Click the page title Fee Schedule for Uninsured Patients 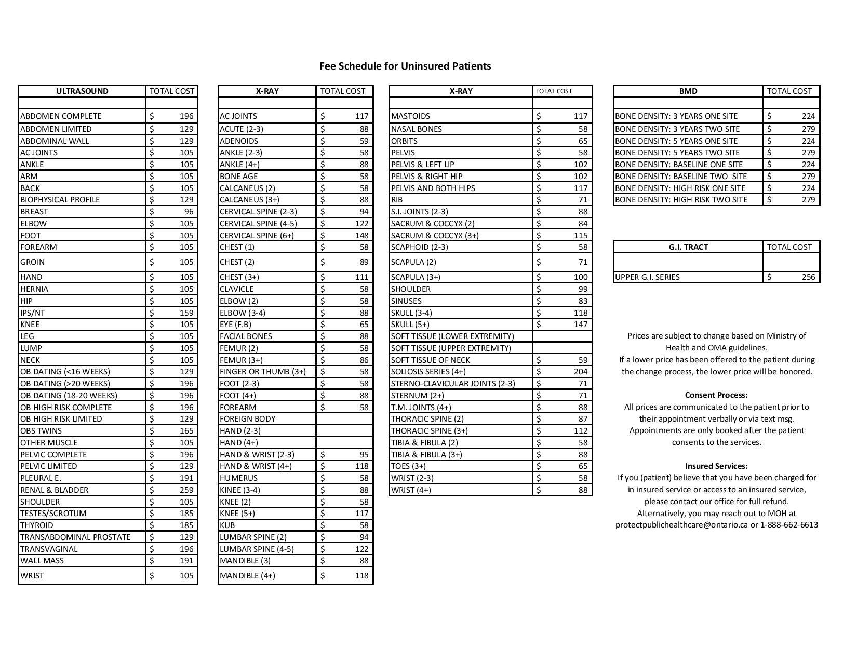pyautogui.click(x=405, y=66)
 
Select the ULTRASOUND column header pyautogui.click(x=82, y=91)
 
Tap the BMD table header pyautogui.click(x=688, y=91)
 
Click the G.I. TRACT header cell pyautogui.click(x=688, y=247)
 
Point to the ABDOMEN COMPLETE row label pyautogui.click(x=61, y=116)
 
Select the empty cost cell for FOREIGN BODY pyautogui.click(x=344, y=419)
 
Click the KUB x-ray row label pyautogui.click(x=227, y=525)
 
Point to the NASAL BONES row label pyautogui.click(x=417, y=129)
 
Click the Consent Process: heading pyautogui.click(x=716, y=395)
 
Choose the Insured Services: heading pyautogui.click(x=716, y=466)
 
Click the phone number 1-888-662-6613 pyautogui.click(x=789, y=525)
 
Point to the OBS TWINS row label pyautogui.click(x=41, y=431)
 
